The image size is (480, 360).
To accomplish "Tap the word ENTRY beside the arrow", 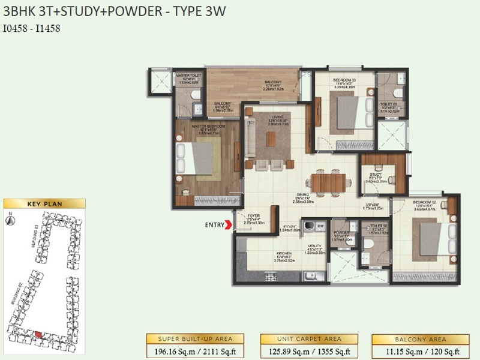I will [214, 226].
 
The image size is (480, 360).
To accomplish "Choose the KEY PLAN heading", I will [44, 204].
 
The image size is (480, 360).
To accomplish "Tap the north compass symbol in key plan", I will [10, 220].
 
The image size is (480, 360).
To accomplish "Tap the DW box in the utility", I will [320, 226].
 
